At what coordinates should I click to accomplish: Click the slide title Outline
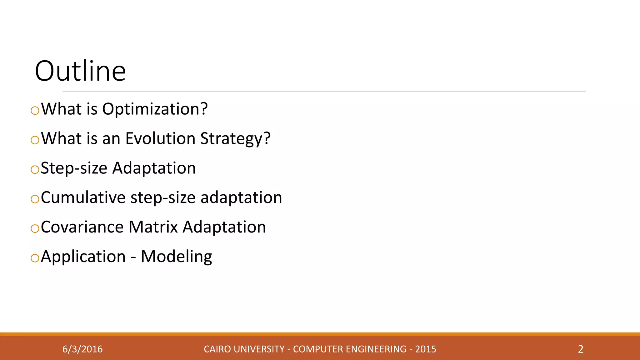[x=80, y=71]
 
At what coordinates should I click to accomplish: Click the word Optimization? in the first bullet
[x=155, y=109]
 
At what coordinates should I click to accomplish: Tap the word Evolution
[x=160, y=138]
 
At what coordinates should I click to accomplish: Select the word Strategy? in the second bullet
[x=235, y=138]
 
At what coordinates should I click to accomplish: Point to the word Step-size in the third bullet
[x=74, y=168]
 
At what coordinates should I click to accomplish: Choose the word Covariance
[x=82, y=227]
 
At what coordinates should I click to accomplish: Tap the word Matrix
[x=153, y=227]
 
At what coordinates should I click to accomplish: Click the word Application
[x=83, y=257]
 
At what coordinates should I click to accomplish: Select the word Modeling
[x=176, y=257]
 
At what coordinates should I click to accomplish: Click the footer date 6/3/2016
[x=82, y=349]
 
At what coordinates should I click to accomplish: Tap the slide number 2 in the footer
[x=581, y=349]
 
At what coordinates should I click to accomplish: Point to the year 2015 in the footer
[x=425, y=349]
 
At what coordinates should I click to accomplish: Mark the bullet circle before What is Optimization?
[x=35, y=110]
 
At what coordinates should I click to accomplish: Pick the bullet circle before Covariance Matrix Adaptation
[x=35, y=228]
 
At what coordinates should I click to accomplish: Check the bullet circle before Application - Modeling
[x=35, y=258]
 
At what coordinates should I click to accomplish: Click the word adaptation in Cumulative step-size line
[x=241, y=197]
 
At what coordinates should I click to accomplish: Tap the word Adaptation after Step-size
[x=154, y=168]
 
